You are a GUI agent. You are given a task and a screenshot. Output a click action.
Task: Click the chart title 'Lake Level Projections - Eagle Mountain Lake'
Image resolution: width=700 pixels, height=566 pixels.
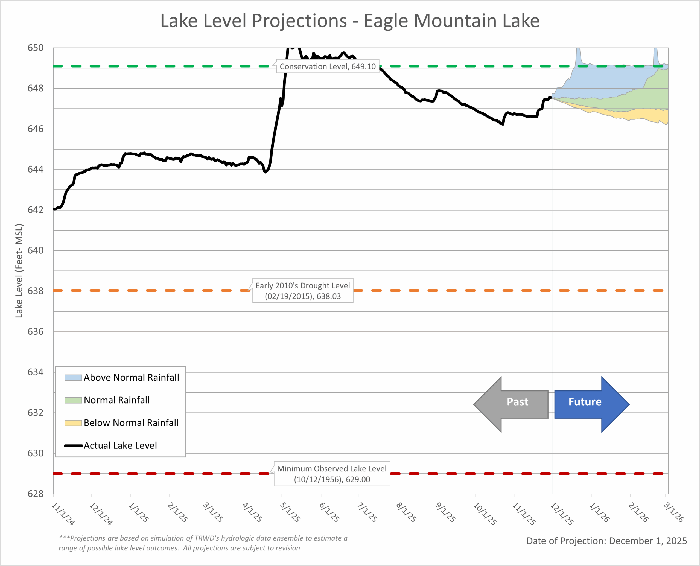click(350, 21)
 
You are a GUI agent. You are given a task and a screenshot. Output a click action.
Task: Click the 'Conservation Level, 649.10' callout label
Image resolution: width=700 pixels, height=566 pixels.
click(327, 66)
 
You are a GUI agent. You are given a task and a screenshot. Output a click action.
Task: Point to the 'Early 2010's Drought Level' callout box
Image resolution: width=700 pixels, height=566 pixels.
click(303, 290)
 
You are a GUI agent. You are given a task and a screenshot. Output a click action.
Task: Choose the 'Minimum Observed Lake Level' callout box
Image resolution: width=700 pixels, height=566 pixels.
click(332, 474)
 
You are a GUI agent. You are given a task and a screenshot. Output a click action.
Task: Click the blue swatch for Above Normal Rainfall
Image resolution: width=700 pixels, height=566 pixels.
click(73, 378)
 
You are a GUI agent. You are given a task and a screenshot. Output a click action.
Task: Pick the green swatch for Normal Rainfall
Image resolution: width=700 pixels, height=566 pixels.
click(73, 400)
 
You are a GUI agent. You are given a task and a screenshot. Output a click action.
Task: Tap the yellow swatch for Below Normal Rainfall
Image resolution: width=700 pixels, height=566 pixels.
click(73, 423)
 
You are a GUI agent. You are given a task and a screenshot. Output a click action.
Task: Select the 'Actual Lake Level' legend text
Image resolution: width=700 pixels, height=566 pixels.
click(120, 445)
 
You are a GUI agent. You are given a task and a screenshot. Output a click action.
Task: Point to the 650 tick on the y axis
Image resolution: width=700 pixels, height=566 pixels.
click(35, 48)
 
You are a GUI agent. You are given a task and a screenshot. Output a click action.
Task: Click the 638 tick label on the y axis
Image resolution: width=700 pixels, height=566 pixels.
click(35, 291)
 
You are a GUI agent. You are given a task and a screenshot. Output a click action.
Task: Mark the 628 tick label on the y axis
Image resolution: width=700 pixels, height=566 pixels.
click(35, 494)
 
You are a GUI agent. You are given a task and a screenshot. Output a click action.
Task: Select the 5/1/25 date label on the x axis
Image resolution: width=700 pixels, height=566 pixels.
click(290, 512)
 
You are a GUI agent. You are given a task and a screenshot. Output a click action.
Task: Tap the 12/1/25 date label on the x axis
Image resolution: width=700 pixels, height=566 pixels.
click(561, 514)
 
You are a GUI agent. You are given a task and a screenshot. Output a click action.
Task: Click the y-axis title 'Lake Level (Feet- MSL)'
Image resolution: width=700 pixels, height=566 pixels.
click(19, 271)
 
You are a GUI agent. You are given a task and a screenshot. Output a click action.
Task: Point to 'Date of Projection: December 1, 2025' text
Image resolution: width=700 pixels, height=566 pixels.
click(606, 541)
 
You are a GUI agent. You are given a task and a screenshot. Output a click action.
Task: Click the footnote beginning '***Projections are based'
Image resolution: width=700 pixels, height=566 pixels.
click(203, 543)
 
